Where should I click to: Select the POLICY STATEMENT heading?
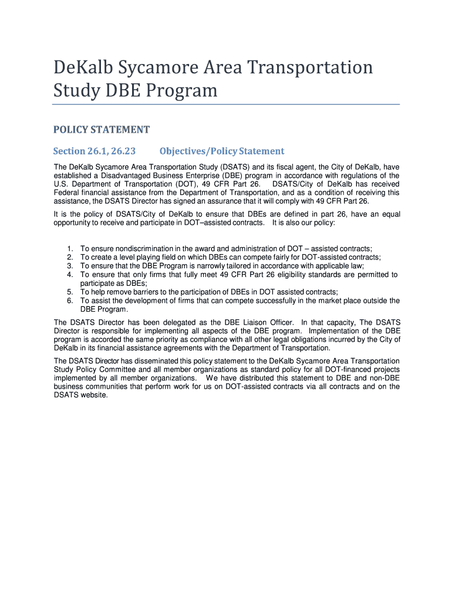(102, 130)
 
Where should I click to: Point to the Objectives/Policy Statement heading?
(222, 151)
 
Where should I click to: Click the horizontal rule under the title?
(226, 104)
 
